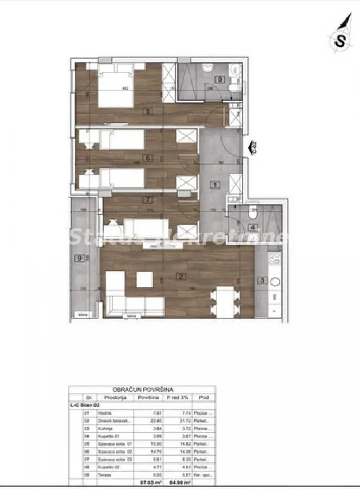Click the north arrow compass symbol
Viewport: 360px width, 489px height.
pyautogui.click(x=340, y=38)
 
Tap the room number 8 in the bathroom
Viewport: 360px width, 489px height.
pyautogui.click(x=219, y=79)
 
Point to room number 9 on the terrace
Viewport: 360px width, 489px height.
pyautogui.click(x=80, y=258)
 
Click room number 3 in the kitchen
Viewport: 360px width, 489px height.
pyautogui.click(x=262, y=280)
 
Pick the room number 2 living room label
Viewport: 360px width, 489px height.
pyautogui.click(x=180, y=275)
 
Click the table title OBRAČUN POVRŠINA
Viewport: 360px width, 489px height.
pyautogui.click(x=142, y=390)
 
